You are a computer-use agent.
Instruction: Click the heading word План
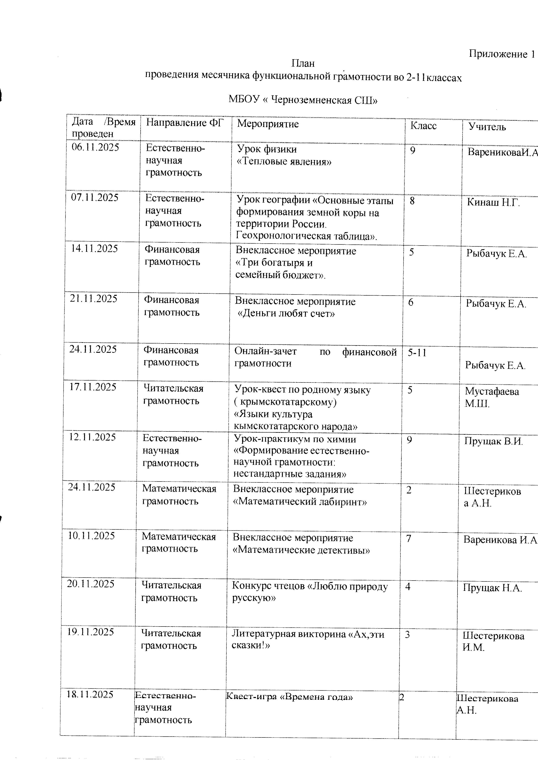[x=303, y=63]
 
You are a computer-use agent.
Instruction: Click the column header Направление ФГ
[x=185, y=123]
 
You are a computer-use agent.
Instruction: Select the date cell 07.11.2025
[x=95, y=198]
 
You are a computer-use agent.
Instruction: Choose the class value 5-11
[x=417, y=353]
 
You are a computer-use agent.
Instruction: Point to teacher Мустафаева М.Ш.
[x=491, y=397]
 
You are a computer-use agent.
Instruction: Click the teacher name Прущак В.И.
[x=493, y=441]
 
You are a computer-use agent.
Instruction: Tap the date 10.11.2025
[x=91, y=535]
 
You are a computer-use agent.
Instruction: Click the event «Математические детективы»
[x=301, y=550]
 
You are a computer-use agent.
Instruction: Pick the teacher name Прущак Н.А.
[x=492, y=588]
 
